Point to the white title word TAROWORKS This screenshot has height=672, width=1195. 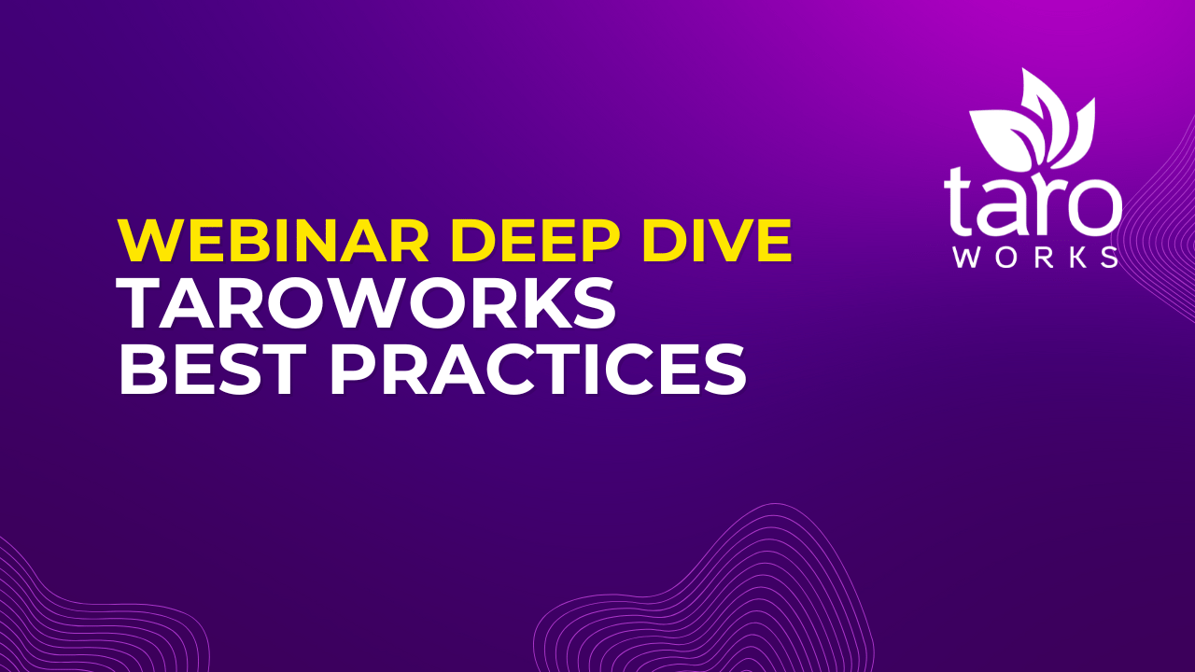coord(367,305)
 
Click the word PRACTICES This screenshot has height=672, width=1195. coord(537,371)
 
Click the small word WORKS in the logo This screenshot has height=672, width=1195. coord(1034,258)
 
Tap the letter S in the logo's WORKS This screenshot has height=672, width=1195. coord(1109,258)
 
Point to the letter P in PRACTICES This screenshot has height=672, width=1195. coord(356,371)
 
